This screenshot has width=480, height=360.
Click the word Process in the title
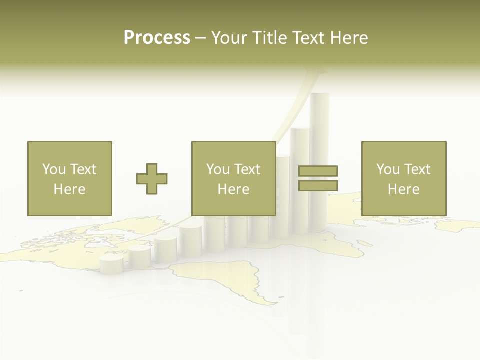click(x=157, y=38)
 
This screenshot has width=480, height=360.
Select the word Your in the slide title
click(x=229, y=38)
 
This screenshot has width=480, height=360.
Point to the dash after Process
click(x=201, y=38)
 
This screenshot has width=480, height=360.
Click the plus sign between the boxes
click(x=152, y=179)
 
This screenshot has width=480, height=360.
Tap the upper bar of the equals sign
click(x=318, y=171)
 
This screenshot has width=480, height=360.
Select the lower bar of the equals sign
click(x=318, y=186)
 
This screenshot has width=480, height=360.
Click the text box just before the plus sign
click(x=69, y=178)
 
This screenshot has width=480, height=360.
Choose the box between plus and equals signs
click(x=233, y=178)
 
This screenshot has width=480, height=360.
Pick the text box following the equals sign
click(x=403, y=178)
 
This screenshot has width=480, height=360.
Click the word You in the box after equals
click(x=388, y=169)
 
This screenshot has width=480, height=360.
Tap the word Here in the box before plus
click(x=69, y=189)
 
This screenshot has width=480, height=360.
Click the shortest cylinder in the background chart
click(x=111, y=263)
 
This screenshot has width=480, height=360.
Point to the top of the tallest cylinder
click(x=320, y=96)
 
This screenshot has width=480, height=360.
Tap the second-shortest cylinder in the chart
click(x=139, y=254)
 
